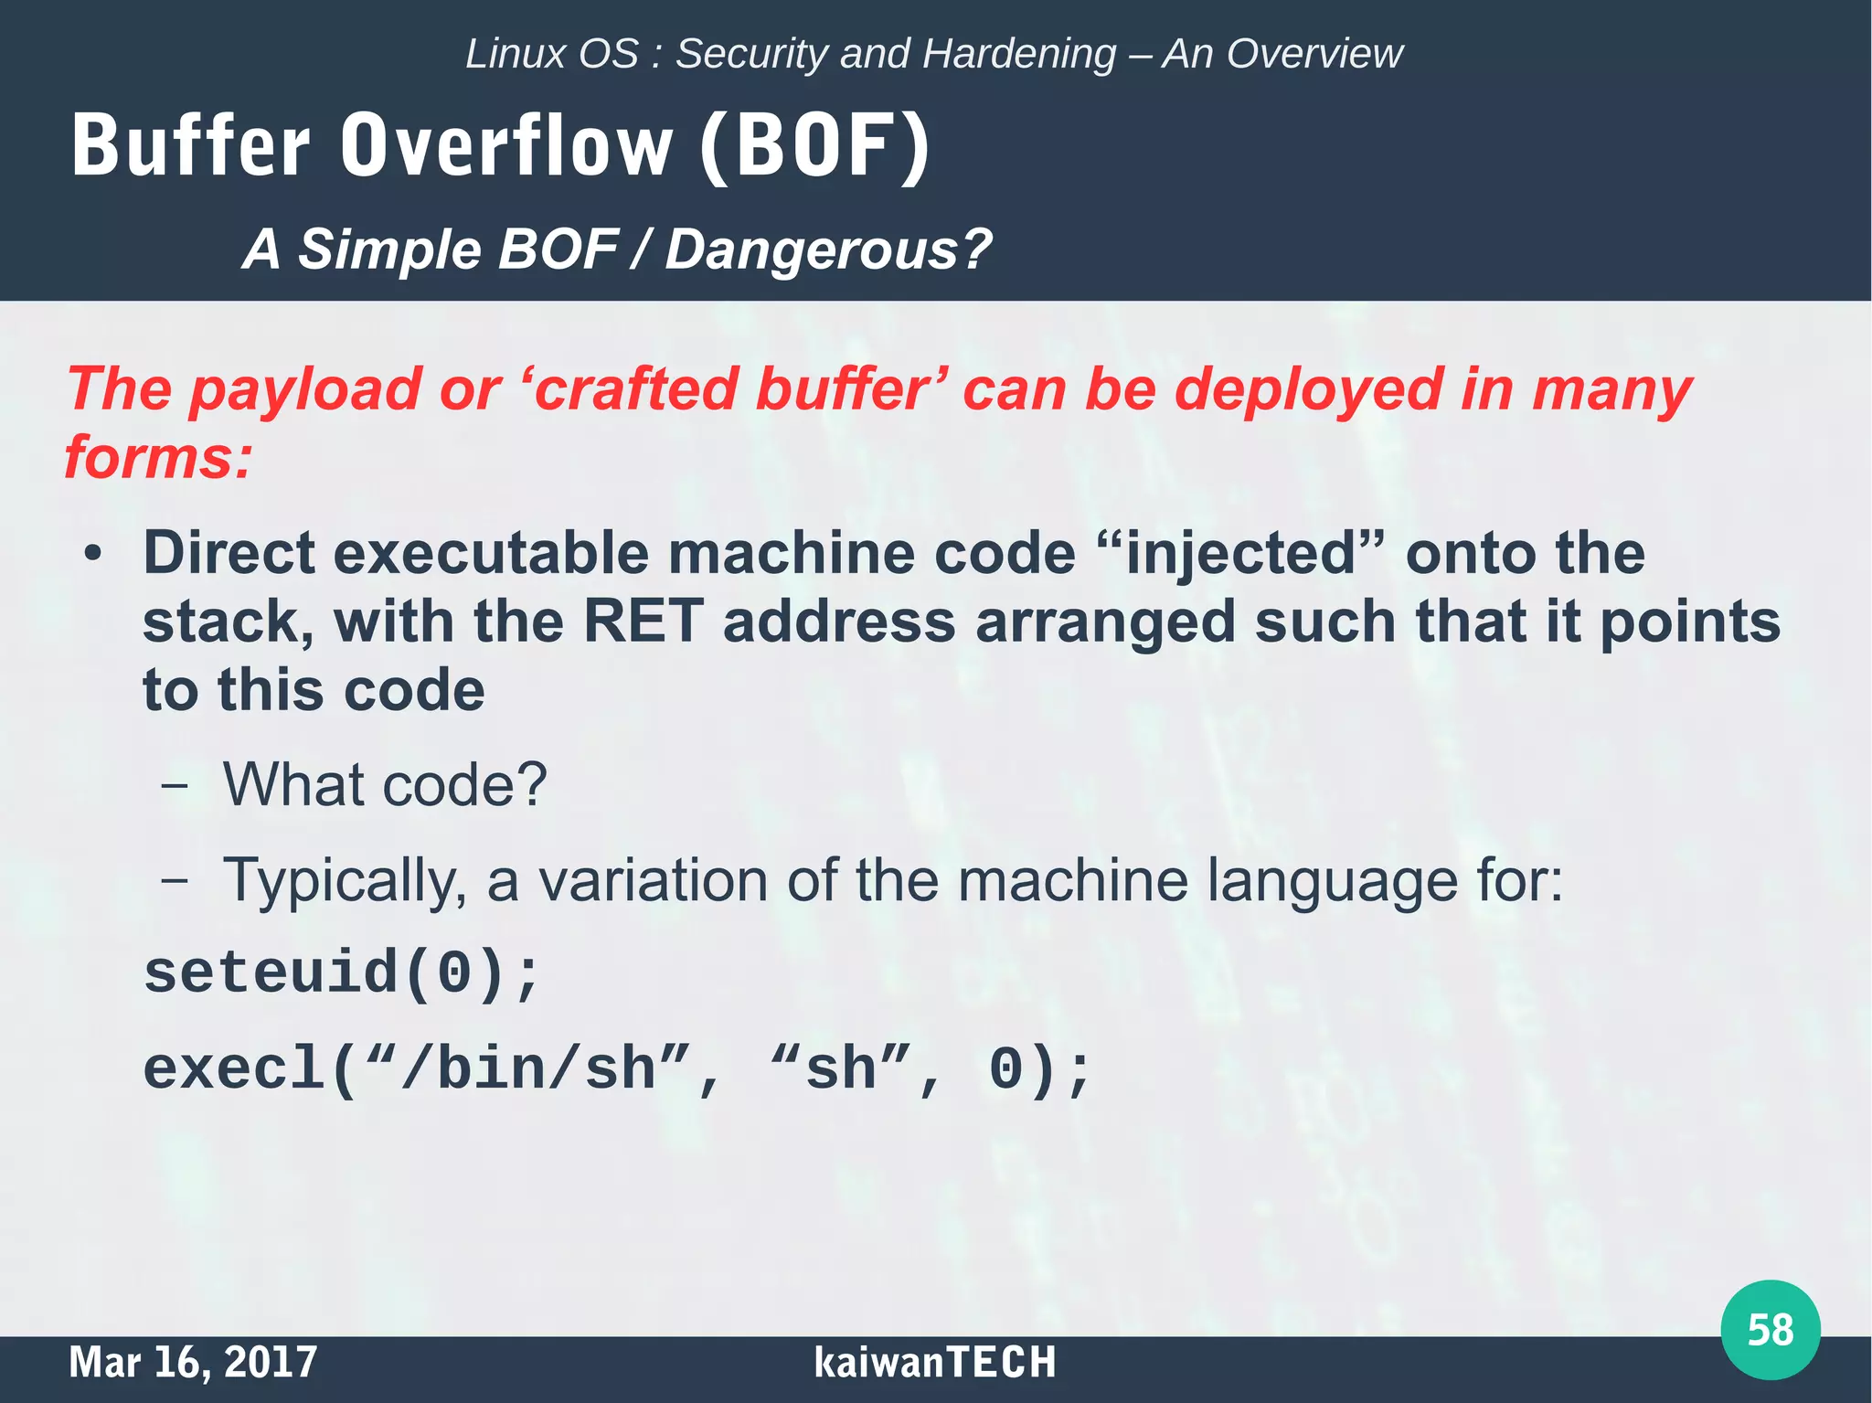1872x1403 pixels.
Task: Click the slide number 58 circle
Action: pos(1770,1330)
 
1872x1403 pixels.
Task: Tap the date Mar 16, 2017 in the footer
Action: pos(193,1362)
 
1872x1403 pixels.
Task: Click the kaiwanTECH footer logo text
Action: pos(934,1362)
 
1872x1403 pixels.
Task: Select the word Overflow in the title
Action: pos(507,146)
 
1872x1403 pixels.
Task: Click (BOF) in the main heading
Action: pos(815,146)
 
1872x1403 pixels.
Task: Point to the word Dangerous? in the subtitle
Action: pos(827,250)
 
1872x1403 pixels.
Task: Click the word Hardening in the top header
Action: pos(1019,54)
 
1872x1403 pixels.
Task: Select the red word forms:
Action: pos(157,457)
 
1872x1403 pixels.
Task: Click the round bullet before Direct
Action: pos(91,555)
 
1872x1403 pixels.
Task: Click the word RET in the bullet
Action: pos(643,622)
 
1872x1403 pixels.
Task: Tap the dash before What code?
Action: pos(174,785)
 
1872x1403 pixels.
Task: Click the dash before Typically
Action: pos(174,880)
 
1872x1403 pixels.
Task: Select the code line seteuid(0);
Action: pos(343,973)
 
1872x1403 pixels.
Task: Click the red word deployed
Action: pos(1306,389)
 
